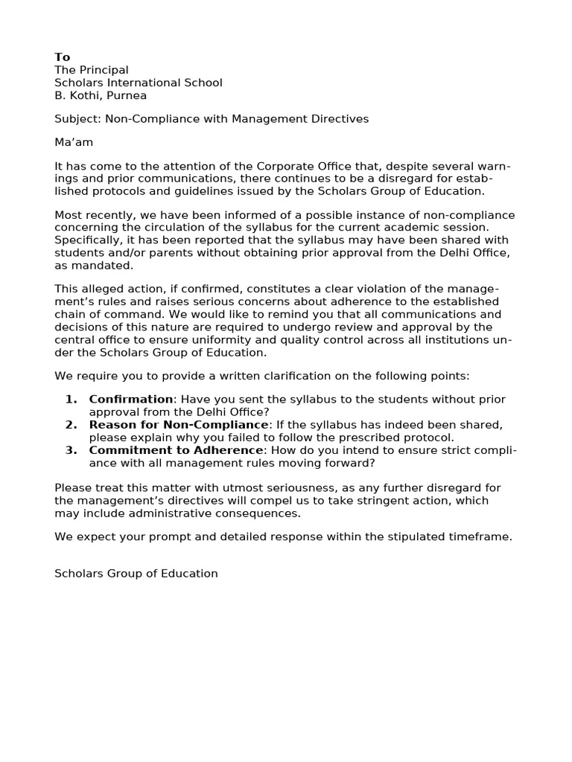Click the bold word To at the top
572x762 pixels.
[63, 57]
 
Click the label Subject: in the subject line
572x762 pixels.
[77, 119]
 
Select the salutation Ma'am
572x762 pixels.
[74, 142]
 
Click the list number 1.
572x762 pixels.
[71, 400]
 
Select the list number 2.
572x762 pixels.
[71, 425]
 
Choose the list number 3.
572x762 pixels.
[71, 450]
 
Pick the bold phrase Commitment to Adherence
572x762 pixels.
[176, 450]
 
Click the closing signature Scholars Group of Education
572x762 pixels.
[136, 574]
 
